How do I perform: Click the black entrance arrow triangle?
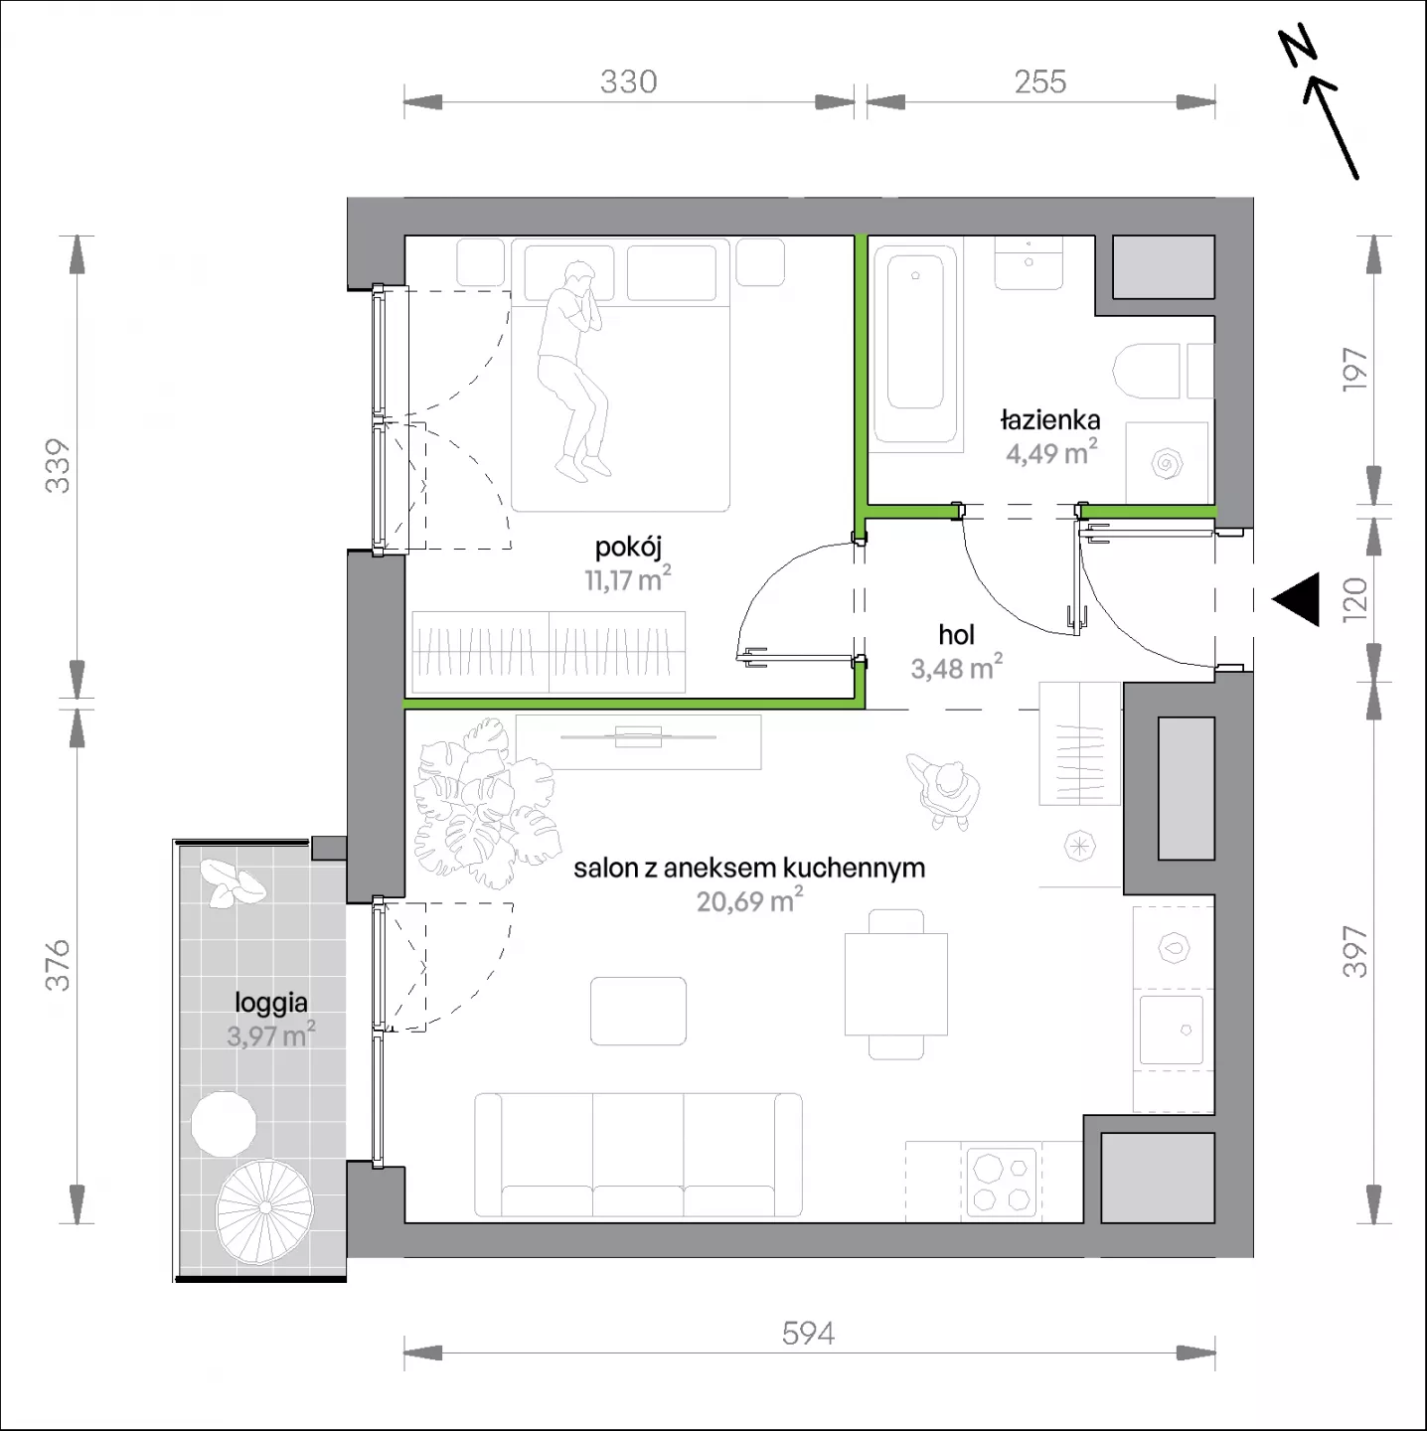click(x=1298, y=598)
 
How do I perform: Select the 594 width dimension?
click(x=808, y=1334)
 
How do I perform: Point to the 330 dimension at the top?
click(x=628, y=81)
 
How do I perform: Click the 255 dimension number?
click(x=1040, y=81)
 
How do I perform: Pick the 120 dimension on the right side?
click(x=1354, y=598)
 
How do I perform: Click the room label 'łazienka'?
click(x=1049, y=421)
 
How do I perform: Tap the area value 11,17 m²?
click(x=628, y=578)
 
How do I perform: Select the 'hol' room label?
click(x=956, y=635)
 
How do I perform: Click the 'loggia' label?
click(x=271, y=1004)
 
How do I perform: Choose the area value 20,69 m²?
click(x=749, y=900)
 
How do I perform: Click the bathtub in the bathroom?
click(x=915, y=345)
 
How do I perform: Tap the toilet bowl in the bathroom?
click(x=1146, y=371)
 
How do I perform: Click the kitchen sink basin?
click(x=1172, y=1030)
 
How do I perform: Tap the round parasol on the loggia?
click(x=264, y=1209)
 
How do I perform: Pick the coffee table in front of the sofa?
click(x=638, y=1011)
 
